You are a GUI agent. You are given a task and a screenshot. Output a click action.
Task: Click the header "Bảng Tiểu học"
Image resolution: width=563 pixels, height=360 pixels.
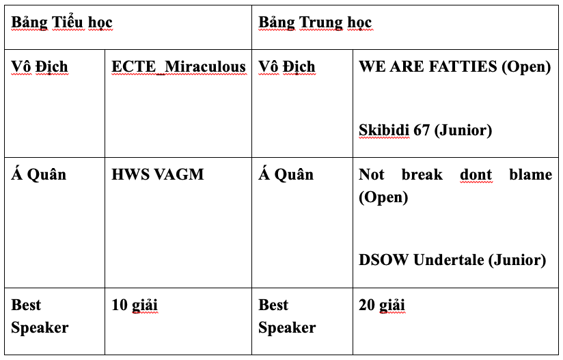click(61, 23)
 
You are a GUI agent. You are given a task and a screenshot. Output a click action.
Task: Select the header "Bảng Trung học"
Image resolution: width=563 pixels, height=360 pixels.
click(315, 23)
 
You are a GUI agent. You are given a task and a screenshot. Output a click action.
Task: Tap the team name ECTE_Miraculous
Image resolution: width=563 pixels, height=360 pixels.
click(178, 66)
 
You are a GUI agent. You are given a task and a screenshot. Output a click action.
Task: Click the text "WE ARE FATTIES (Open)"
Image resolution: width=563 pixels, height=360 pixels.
click(454, 66)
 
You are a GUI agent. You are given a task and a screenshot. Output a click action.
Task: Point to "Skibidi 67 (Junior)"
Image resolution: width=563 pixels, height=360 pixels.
click(425, 129)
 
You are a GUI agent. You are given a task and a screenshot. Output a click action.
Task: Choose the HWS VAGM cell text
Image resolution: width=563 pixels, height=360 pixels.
click(158, 174)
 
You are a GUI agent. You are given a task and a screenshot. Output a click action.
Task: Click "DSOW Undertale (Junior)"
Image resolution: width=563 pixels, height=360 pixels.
click(452, 260)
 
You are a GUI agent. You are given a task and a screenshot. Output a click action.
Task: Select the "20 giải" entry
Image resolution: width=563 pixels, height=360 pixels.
click(382, 305)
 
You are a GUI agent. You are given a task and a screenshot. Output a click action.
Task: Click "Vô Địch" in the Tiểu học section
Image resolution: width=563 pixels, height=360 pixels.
click(40, 66)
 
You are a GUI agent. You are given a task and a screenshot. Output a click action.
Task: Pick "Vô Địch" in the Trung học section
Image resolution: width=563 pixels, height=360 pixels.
click(286, 66)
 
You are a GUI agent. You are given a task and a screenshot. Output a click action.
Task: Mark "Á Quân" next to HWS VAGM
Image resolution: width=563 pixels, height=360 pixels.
click(38, 174)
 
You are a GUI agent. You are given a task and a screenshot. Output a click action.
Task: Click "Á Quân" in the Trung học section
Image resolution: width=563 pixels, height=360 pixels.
click(286, 174)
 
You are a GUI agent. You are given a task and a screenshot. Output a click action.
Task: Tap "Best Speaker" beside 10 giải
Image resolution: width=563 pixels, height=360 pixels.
click(40, 316)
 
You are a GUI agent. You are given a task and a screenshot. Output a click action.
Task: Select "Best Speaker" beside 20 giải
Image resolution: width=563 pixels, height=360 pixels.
click(286, 316)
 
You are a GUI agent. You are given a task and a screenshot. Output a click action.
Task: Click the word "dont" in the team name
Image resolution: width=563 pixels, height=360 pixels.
click(476, 174)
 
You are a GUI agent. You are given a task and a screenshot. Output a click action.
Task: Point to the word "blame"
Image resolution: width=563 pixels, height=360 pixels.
click(530, 174)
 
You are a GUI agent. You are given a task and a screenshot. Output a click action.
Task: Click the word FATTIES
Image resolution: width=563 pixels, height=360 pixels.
click(468, 66)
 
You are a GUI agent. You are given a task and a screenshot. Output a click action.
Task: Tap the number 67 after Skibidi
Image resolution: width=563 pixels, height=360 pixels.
click(422, 129)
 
